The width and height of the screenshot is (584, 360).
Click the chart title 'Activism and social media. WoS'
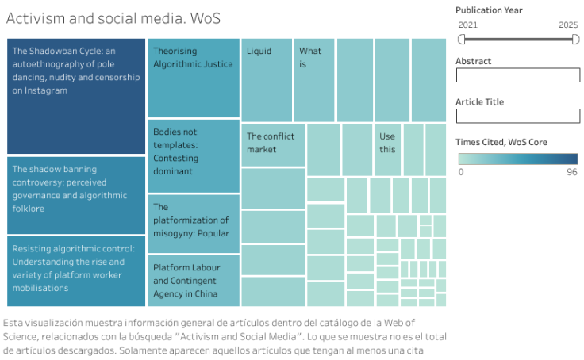[113, 17]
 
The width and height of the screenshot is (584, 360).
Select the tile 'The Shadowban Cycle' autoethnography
[75, 95]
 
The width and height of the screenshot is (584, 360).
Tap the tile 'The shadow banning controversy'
[75, 195]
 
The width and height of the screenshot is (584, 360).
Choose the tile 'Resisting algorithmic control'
[75, 270]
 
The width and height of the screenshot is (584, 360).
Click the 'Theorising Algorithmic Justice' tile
[194, 78]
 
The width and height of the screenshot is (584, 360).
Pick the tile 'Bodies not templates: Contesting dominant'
[194, 155]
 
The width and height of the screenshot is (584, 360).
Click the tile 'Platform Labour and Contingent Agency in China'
[194, 280]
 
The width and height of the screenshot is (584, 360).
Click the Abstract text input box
[517, 75]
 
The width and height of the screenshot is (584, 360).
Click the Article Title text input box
[517, 117]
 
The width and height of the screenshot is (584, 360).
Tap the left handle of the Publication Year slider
[461, 38]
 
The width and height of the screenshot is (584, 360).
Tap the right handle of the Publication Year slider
[575, 38]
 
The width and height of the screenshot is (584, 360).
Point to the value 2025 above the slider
[568, 25]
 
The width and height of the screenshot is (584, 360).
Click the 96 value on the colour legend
[571, 171]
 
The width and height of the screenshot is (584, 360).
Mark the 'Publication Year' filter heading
[489, 10]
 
